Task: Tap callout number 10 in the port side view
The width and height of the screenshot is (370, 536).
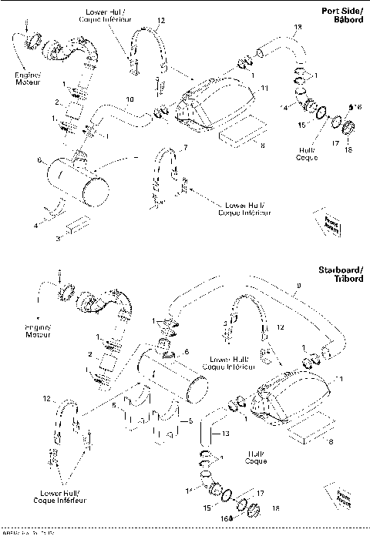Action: [129, 100]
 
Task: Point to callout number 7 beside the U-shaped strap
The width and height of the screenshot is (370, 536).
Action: [184, 146]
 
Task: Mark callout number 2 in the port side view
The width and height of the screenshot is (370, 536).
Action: [56, 102]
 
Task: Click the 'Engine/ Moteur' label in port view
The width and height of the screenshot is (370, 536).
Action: [26, 79]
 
